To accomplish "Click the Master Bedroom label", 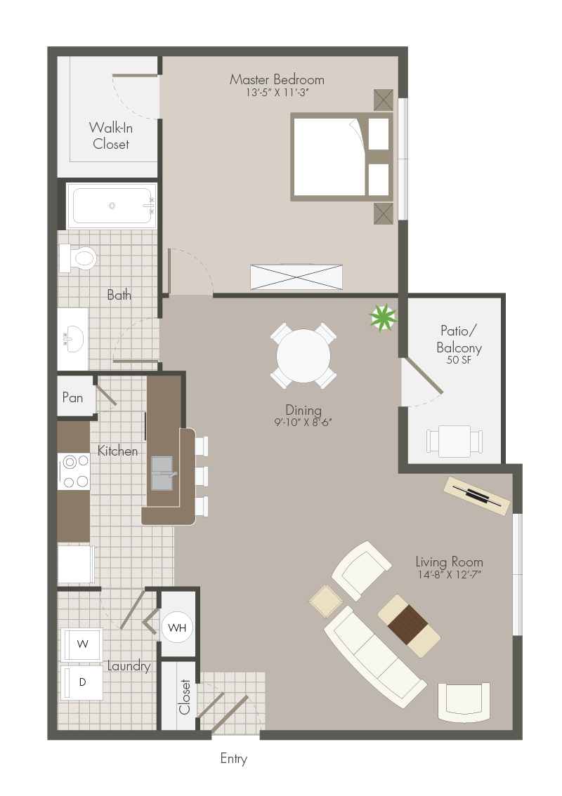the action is (277, 79).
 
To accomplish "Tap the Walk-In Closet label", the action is (111, 135).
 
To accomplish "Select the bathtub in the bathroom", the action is (112, 206).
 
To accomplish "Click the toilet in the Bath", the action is (78, 258).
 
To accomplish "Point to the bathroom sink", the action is (73, 338).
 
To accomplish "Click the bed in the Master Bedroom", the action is (342, 157).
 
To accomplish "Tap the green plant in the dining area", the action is (383, 317).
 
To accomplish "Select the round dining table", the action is (303, 356).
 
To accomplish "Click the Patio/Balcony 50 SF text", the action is (459, 345).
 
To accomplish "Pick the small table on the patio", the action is (455, 441).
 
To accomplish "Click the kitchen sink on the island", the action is (162, 473).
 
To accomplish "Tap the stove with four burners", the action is (74, 471).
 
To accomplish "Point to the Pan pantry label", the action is (72, 397).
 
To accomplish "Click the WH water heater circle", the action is (177, 628).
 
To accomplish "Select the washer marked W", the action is (81, 644).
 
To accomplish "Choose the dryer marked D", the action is (81, 683).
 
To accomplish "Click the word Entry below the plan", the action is (234, 759).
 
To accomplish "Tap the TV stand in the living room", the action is (476, 496).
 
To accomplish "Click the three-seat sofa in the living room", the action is (375, 656).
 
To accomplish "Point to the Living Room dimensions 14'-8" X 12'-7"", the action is (449, 574).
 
